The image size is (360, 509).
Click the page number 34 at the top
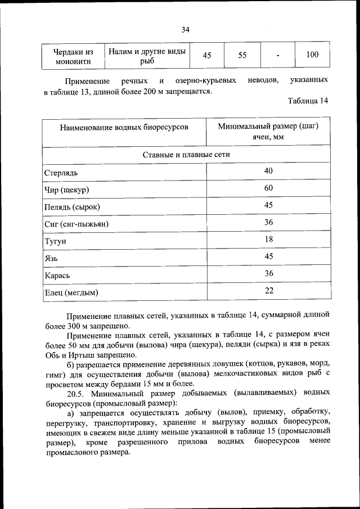(x=185, y=30)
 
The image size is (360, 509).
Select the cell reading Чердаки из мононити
(x=72, y=56)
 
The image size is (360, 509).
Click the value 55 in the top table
(x=242, y=55)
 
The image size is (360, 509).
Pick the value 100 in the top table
(x=313, y=55)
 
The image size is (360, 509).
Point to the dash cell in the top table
(x=278, y=55)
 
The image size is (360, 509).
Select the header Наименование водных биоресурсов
(x=124, y=127)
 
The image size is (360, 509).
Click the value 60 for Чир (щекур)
(x=268, y=187)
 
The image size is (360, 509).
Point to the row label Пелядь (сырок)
(x=72, y=207)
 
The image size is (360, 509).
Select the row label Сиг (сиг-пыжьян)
(x=76, y=224)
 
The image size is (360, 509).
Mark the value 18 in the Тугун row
(x=268, y=239)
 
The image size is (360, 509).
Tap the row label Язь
(x=51, y=259)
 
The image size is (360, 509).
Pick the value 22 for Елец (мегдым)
(x=268, y=290)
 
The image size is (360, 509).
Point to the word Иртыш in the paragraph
(x=72, y=355)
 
